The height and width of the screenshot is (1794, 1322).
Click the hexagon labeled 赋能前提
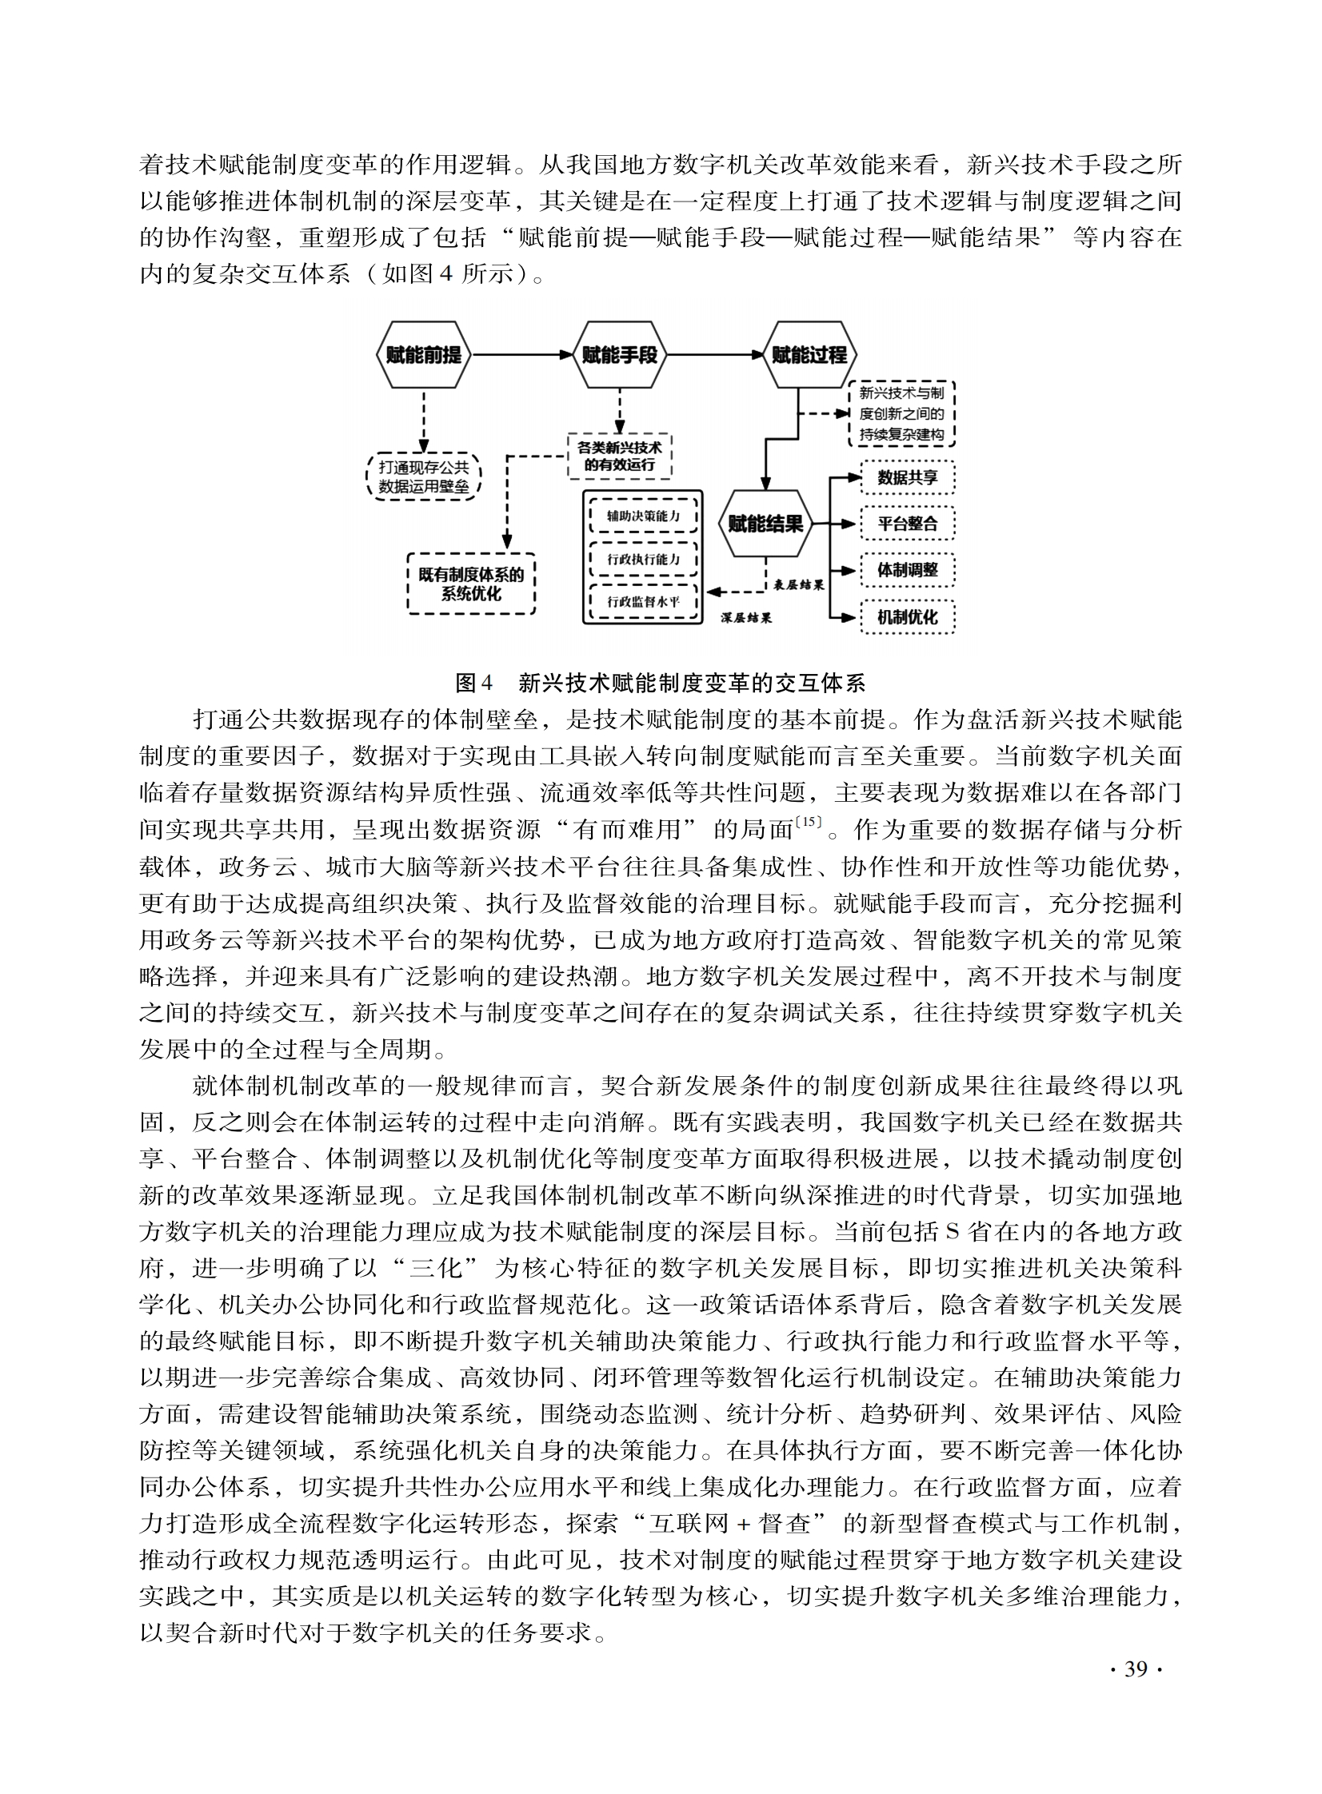(423, 355)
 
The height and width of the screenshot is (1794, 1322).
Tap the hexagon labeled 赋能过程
(809, 355)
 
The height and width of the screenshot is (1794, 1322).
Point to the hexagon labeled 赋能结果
(766, 524)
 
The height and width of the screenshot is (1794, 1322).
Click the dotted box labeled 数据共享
(908, 478)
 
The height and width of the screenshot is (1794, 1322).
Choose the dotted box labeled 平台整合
(908, 524)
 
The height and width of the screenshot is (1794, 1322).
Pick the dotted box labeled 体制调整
(908, 570)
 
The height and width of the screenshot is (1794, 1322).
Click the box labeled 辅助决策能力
(643, 516)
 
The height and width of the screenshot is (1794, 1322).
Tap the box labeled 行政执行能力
(643, 559)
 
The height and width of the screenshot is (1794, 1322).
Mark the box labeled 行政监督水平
(643, 601)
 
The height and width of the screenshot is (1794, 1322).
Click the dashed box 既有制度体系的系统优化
(471, 584)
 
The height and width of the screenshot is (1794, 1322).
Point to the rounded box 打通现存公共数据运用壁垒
(423, 476)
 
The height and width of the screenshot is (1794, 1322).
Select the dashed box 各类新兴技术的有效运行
(619, 456)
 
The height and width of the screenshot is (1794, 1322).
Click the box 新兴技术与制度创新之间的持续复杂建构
(902, 414)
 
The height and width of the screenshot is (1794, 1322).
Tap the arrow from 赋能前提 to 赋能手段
(521, 355)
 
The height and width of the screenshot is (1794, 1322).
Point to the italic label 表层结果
(800, 584)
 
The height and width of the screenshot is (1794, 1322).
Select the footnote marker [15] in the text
(809, 821)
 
